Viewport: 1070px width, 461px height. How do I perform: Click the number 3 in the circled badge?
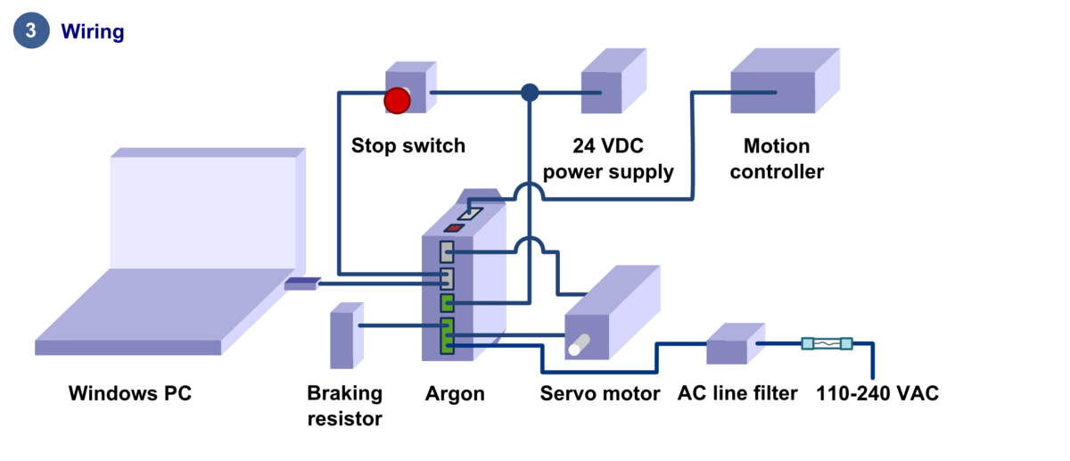point(31,30)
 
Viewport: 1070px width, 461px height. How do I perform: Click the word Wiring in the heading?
point(92,33)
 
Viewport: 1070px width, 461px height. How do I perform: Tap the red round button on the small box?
point(397,101)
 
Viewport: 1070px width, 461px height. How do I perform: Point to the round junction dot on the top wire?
point(530,93)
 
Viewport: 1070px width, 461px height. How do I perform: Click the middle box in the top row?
point(607,87)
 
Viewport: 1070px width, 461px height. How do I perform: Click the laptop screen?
point(202,210)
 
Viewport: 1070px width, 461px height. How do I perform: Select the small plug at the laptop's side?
point(301,284)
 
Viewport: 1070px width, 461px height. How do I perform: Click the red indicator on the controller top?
point(454,228)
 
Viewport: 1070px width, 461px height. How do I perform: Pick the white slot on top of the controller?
point(470,214)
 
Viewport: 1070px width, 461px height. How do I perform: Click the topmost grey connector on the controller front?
point(447,251)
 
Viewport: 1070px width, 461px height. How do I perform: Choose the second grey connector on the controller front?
point(447,279)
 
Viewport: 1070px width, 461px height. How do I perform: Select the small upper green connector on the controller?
point(447,303)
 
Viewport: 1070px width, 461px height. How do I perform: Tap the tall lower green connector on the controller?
point(447,336)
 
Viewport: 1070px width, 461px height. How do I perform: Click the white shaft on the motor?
point(579,345)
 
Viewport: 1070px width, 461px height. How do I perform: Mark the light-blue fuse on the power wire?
point(827,343)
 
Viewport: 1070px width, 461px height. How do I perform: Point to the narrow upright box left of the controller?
point(343,339)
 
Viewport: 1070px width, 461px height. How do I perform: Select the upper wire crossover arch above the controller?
point(529,189)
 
